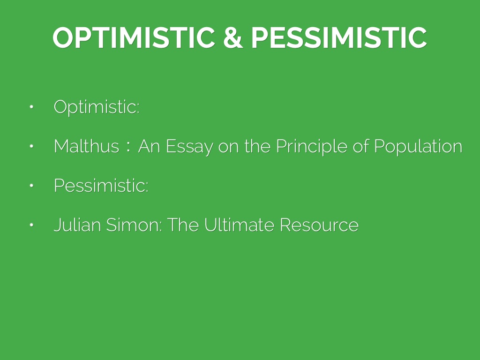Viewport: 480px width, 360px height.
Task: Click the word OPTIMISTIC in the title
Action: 134,37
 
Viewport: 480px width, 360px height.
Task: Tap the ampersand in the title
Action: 233,37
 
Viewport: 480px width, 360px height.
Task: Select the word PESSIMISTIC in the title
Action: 339,37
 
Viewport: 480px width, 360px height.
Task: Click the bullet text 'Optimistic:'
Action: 97,107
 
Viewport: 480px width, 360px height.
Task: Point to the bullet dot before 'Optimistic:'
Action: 31,107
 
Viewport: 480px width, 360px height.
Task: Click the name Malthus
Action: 86,146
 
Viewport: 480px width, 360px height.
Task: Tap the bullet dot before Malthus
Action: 31,146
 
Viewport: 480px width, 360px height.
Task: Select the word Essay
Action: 189,147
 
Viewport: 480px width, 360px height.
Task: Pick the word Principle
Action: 312,147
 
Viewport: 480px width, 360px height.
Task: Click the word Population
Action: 418,147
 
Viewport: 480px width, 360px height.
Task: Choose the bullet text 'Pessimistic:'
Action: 101,186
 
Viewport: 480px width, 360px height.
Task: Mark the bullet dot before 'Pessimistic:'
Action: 31,186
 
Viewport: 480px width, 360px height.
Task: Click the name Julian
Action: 77,225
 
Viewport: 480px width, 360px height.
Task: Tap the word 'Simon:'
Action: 134,225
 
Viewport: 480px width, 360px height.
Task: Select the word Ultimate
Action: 239,225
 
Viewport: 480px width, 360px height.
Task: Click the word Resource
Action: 319,225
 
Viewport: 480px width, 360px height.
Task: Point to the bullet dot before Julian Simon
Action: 31,225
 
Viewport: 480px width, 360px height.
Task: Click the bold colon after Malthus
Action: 128,147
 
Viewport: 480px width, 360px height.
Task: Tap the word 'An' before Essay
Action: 149,146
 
